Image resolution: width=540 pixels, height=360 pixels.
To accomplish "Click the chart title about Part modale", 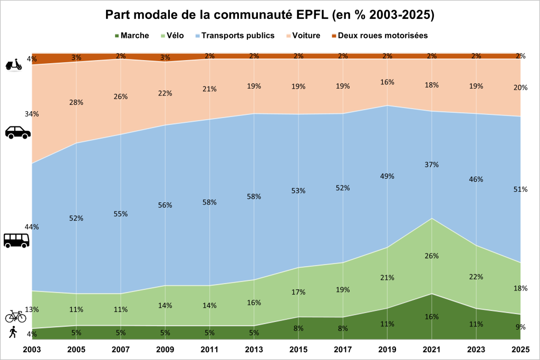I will click(x=269, y=15).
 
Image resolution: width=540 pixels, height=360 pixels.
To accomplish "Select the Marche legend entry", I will click(x=132, y=35).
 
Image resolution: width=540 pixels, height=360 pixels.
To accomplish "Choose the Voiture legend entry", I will click(x=303, y=35).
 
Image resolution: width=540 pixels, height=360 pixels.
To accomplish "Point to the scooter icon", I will click(x=13, y=65).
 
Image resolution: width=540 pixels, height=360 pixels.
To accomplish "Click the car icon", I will click(x=17, y=132).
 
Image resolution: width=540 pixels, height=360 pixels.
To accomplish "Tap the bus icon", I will click(x=16, y=240).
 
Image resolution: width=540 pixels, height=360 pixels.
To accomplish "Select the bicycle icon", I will click(x=15, y=316).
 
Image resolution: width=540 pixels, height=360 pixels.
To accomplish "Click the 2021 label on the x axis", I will click(x=432, y=349).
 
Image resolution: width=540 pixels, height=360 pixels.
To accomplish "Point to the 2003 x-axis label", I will click(x=32, y=349).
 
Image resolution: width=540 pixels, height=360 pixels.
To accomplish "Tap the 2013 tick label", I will click(x=254, y=349).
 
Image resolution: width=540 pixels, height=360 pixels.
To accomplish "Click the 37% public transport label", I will click(x=432, y=164).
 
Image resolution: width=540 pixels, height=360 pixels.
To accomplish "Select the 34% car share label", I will click(x=32, y=114).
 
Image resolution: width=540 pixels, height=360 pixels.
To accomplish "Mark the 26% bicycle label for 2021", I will click(x=432, y=256).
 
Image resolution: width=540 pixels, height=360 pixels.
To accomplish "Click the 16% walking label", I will click(x=432, y=317).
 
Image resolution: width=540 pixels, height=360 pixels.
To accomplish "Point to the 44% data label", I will click(x=32, y=227).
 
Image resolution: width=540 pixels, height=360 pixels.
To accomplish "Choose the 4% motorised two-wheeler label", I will click(x=32, y=59).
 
